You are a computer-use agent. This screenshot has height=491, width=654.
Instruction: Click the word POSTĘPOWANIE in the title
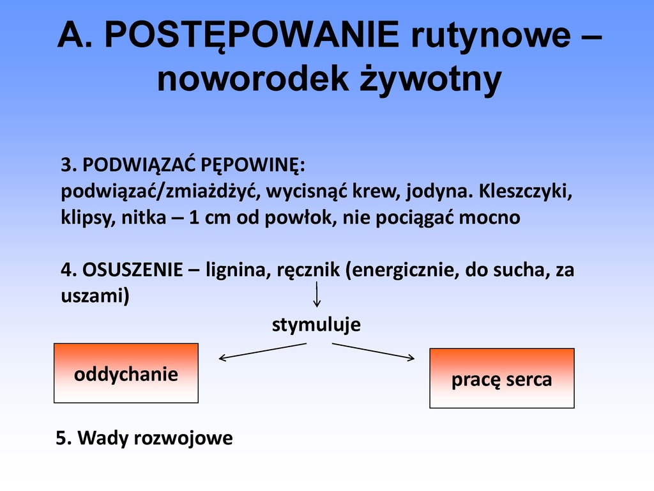[252, 35]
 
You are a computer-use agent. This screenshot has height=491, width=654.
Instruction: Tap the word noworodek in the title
[253, 79]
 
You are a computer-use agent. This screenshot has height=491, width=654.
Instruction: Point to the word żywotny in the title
[430, 80]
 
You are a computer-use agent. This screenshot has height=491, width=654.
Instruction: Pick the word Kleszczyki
[526, 191]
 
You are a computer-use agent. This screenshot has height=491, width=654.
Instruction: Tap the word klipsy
[88, 218]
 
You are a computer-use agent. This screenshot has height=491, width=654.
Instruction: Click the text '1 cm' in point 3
[209, 218]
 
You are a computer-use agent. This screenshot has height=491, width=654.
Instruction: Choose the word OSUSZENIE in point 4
[133, 270]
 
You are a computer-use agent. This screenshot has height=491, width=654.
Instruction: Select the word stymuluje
[316, 325]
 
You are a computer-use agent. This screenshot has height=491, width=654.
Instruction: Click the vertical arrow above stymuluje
[317, 294]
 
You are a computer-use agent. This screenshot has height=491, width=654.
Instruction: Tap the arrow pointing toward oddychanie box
[262, 352]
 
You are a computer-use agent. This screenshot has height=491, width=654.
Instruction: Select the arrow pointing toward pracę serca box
[373, 352]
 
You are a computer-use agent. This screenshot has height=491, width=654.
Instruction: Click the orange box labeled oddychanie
[126, 373]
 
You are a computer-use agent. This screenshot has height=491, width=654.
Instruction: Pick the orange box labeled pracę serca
[502, 378]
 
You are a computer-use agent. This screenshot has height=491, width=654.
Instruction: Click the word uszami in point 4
[95, 295]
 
